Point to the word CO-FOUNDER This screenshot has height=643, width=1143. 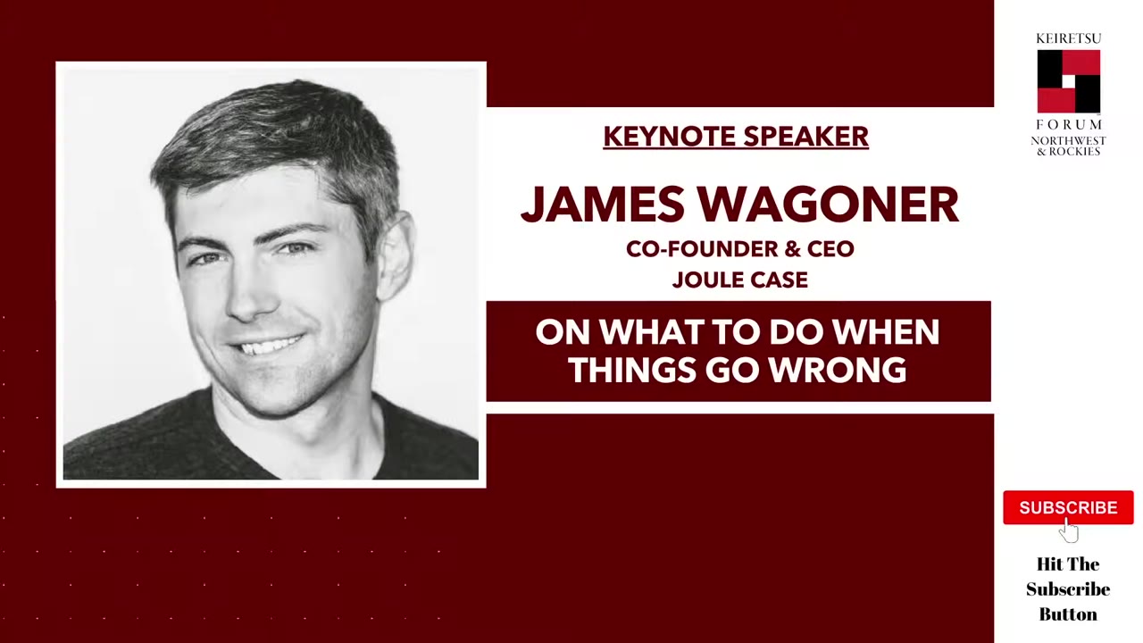click(696, 249)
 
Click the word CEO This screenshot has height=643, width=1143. click(830, 249)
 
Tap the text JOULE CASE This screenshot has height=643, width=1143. click(739, 280)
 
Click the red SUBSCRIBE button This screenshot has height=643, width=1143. click(1068, 507)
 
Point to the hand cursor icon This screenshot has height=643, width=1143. click(1070, 531)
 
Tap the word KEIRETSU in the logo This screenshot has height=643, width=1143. click(1068, 38)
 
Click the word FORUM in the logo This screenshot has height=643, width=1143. click(1068, 124)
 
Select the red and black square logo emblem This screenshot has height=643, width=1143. click(1068, 81)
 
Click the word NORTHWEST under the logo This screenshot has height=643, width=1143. click(1068, 141)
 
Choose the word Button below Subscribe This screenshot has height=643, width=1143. click(1068, 614)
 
